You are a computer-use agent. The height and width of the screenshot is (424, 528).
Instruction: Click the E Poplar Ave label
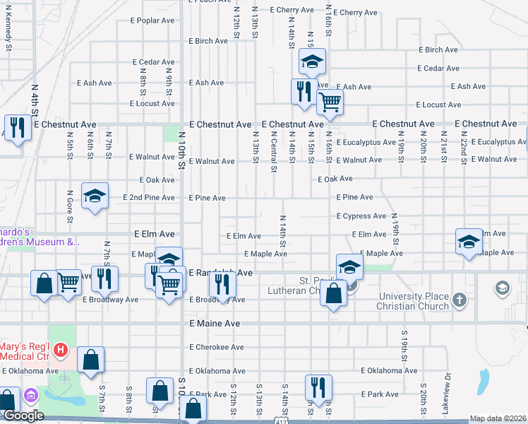pyautogui.click(x=152, y=20)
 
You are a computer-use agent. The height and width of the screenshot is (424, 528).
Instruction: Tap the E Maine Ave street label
pyautogui.click(x=215, y=324)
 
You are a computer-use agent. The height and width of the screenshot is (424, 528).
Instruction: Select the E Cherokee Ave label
pyautogui.click(x=216, y=347)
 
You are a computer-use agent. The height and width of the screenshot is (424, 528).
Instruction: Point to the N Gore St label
pyautogui.click(x=70, y=204)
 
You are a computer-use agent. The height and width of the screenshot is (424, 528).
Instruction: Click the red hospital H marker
pyautogui.click(x=61, y=349)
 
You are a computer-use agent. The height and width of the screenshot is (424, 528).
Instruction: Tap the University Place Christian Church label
pyautogui.click(x=414, y=301)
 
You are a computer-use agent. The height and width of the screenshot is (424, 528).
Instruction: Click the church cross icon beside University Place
pyautogui.click(x=460, y=300)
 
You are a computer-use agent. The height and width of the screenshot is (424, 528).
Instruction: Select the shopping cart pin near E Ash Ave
pyautogui.click(x=330, y=102)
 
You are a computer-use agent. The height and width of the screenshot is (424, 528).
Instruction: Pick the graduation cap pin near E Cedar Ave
pyautogui.click(x=311, y=62)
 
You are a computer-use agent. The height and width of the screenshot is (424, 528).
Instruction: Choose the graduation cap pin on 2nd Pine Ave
pyautogui.click(x=95, y=196)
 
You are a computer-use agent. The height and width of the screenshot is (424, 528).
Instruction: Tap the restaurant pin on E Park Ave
pyautogui.click(x=318, y=387)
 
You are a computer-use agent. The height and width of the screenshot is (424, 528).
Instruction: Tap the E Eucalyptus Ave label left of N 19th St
pyautogui.click(x=366, y=142)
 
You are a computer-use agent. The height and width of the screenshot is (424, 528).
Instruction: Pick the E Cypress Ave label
pyautogui.click(x=361, y=216)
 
